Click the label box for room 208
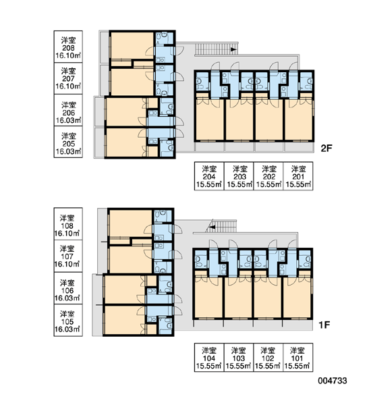pyautogui.click(x=68, y=47)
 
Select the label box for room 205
pyautogui.click(x=68, y=142)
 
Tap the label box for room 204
pyautogui.click(x=209, y=176)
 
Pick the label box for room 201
pyautogui.click(x=298, y=176)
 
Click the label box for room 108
pyautogui.click(x=68, y=224)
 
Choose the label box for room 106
pyautogui.click(x=68, y=288)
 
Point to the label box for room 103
pyautogui.click(x=239, y=358)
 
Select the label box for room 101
pyautogui.click(x=298, y=358)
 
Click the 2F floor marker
pyautogui.click(x=326, y=148)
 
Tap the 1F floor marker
pyautogui.click(x=324, y=325)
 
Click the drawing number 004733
pyautogui.click(x=333, y=381)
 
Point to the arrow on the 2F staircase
pyautogui.click(x=233, y=49)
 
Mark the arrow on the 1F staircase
pyautogui.click(x=212, y=227)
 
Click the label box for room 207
pyautogui.click(x=68, y=78)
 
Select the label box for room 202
pyautogui.click(x=268, y=176)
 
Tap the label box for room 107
pyautogui.click(x=68, y=256)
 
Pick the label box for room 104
pyautogui.click(x=209, y=358)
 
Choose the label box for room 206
pyautogui.click(x=68, y=110)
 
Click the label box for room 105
pyautogui.click(x=68, y=320)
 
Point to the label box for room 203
pyautogui.click(x=239, y=176)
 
